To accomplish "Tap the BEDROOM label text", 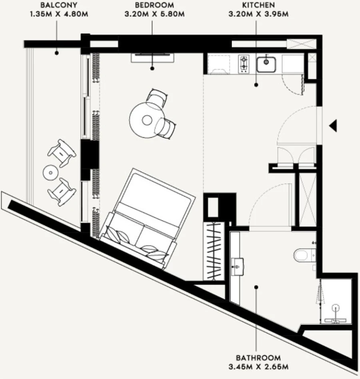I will [154, 6].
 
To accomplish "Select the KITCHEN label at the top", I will [258, 6].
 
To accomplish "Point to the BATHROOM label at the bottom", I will [258, 358].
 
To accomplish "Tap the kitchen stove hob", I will [243, 64].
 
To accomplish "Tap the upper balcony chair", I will [62, 152].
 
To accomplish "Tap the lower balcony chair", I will [62, 192].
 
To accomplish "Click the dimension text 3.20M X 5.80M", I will [154, 15].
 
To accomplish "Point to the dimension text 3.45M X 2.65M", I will [258, 367].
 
